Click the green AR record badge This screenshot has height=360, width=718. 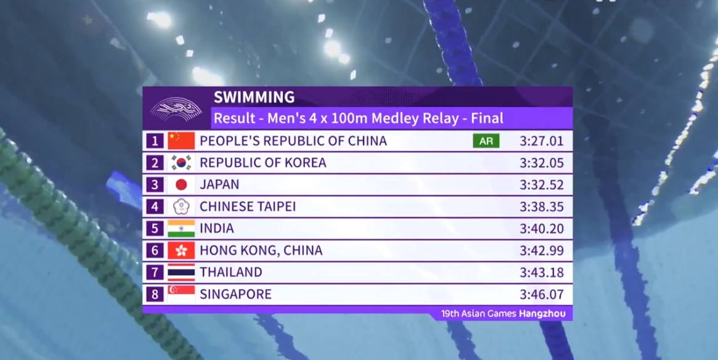point(486,141)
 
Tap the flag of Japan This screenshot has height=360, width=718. point(181,185)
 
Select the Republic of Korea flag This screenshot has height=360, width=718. point(181,163)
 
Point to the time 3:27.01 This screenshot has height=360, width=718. point(541,141)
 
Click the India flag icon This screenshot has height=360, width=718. point(181,229)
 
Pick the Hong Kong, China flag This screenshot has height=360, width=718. point(181,250)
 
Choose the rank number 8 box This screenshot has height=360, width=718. point(155,294)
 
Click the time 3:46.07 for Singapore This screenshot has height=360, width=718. point(541,294)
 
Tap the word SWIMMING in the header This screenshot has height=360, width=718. point(254,97)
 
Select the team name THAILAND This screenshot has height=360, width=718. point(231,272)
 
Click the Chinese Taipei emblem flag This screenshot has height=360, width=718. point(181,207)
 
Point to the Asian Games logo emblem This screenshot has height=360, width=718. point(176,109)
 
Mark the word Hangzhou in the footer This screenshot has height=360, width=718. point(542,314)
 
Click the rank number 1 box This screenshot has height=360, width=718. point(155,141)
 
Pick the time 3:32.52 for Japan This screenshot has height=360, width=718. point(541,185)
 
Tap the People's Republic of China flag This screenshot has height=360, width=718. point(181,141)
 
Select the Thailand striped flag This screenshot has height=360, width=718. point(181,272)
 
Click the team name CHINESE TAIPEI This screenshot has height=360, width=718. point(248,207)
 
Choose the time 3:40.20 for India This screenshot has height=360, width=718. point(541,229)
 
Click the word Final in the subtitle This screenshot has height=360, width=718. point(488,118)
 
